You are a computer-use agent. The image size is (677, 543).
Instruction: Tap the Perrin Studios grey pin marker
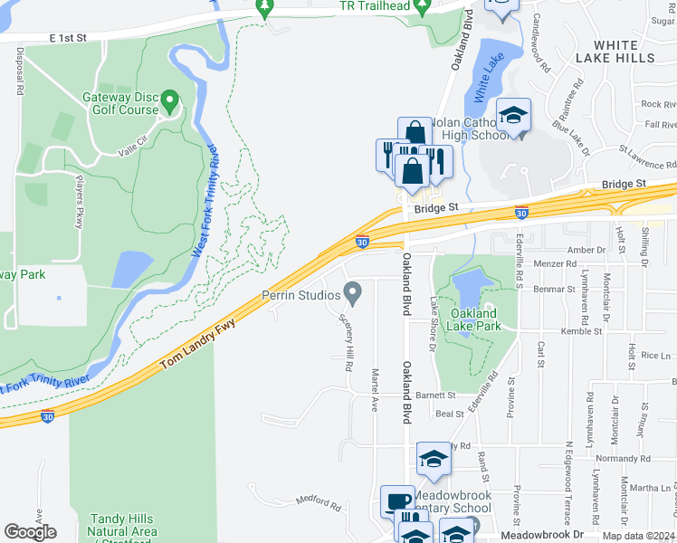click(x=352, y=291)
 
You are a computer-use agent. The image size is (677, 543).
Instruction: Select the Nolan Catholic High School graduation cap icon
click(x=513, y=116)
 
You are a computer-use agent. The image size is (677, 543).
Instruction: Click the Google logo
click(x=31, y=531)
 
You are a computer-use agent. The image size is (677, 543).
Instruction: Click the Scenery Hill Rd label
click(x=346, y=343)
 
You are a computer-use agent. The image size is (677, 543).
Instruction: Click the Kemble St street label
click(x=557, y=332)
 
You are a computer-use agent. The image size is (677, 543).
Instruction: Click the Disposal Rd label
click(x=19, y=72)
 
